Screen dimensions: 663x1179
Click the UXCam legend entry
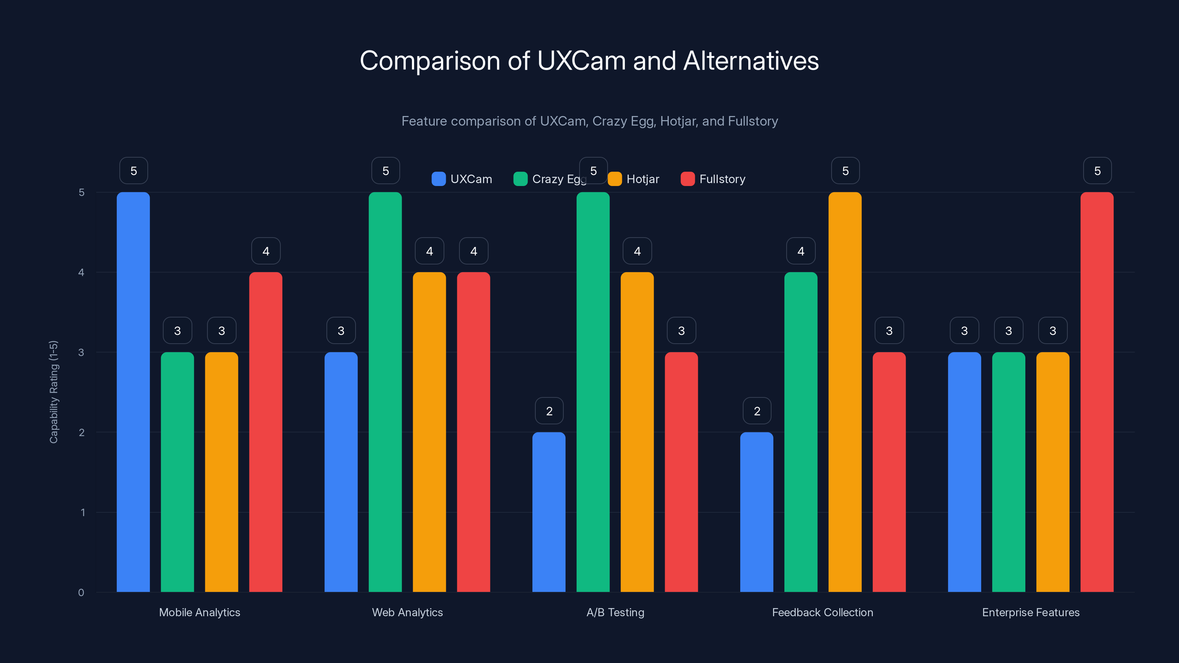click(462, 179)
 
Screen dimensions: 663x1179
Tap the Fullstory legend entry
click(714, 179)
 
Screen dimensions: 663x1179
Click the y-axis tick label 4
click(81, 273)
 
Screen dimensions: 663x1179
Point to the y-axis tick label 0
click(81, 593)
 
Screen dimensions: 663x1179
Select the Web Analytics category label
click(407, 612)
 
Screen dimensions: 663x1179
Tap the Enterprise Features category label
click(1031, 612)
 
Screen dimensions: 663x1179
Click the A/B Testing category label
click(615, 612)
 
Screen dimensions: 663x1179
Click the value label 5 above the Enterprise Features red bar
click(1097, 171)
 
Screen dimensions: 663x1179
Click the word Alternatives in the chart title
click(751, 61)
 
